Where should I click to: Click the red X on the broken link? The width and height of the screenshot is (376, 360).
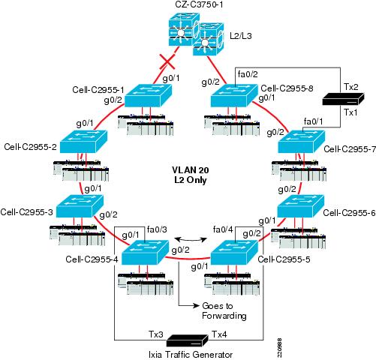point(167,62)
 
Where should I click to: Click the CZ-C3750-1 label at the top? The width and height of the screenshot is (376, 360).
point(199,4)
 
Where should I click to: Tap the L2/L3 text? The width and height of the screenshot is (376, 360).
point(241,36)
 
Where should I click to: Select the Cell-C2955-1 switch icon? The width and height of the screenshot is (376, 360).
point(149,95)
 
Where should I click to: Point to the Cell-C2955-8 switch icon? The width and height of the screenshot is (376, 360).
point(234,95)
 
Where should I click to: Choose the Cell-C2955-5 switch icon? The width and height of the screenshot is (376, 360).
point(234,253)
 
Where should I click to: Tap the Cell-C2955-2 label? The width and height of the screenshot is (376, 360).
point(31,147)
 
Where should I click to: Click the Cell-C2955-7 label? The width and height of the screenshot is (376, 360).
point(350,149)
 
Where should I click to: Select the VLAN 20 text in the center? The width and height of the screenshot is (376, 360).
point(191,170)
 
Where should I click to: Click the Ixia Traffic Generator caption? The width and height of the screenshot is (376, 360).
point(191,355)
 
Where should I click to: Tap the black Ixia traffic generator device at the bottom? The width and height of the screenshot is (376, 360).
point(188,340)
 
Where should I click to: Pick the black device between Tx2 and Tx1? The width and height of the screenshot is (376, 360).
point(343,99)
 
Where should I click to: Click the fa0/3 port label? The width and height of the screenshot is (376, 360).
point(157,229)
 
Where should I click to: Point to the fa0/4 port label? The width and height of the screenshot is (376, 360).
point(223,229)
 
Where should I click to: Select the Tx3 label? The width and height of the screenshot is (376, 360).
point(156,334)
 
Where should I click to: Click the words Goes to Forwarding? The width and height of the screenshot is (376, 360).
point(224,311)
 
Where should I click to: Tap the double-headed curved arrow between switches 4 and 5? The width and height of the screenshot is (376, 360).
point(191,240)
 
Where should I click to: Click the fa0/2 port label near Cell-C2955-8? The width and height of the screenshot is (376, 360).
point(248,74)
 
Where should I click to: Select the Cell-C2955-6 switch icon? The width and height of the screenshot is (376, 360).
point(301,206)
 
